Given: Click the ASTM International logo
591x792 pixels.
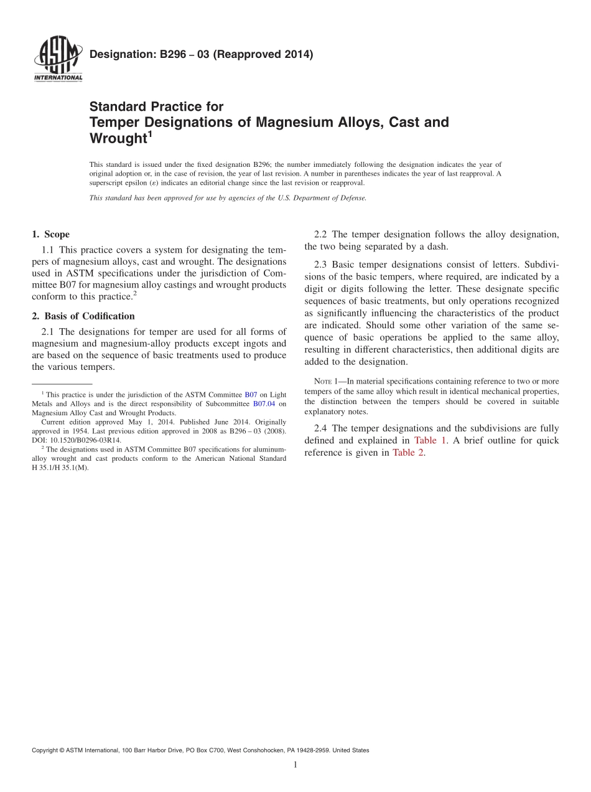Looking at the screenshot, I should [x=57, y=60].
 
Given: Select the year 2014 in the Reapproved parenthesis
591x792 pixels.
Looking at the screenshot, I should [x=295, y=54].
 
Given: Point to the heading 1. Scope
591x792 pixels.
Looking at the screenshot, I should [x=50, y=235].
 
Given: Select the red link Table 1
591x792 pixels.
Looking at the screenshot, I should [x=430, y=440].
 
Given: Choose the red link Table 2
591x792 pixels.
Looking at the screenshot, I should [x=407, y=453].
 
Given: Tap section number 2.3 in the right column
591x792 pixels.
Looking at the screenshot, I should [x=321, y=265].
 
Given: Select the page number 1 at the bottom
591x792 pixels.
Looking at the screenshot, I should [x=295, y=765].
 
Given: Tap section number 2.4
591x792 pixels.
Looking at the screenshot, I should [x=321, y=428].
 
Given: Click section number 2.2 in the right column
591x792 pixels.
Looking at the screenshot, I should [x=321, y=235].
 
